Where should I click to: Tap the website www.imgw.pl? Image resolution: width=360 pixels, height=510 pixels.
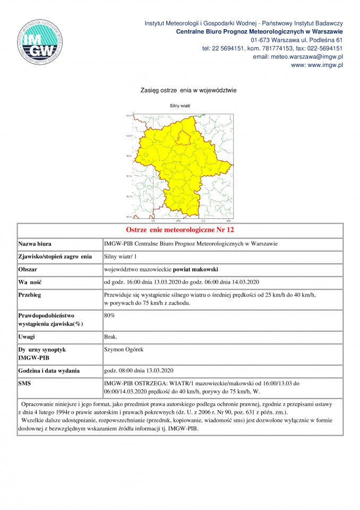pos(317,65)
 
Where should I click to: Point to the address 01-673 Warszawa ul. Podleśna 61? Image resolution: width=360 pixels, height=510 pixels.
pos(297,40)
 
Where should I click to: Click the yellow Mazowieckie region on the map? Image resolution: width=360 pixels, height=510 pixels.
pos(181,165)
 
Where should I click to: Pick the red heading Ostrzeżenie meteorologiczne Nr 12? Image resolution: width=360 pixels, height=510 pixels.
pos(180,230)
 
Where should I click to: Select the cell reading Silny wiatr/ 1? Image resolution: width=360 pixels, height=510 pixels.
pos(121,257)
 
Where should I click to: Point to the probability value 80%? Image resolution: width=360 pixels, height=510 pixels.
pos(109,315)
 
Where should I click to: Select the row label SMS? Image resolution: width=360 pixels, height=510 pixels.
pos(25,382)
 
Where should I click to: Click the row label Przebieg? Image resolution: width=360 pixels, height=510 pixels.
pos(30,294)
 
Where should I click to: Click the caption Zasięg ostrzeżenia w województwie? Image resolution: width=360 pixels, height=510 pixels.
pos(188,90)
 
